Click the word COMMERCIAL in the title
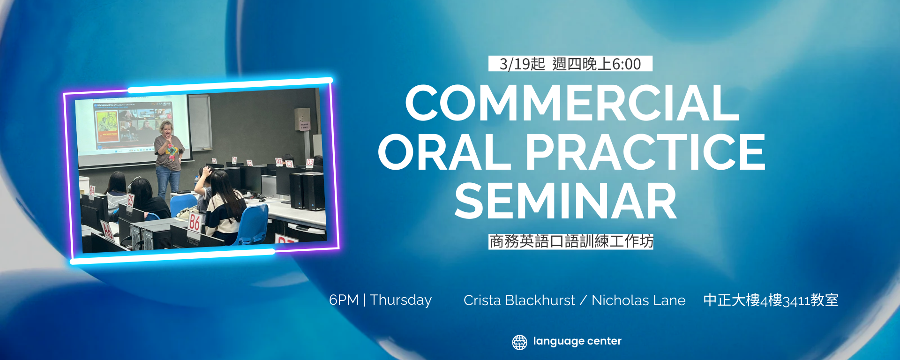pos(572,103)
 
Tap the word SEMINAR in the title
pos(565,201)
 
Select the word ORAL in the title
pos(444,152)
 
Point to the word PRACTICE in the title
pos(645,152)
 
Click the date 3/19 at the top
pos(515,64)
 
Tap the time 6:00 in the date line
pos(626,64)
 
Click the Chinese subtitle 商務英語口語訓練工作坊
pos(571,241)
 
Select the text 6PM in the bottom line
pos(344,300)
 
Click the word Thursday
pos(401,300)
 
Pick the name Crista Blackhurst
pos(519,300)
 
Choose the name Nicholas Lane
pos(638,300)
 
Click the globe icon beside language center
pos(519,342)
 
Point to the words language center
pos(577,341)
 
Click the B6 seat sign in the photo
pos(194,222)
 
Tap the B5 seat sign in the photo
pos(130,200)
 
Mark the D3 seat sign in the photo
pos(310,162)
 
